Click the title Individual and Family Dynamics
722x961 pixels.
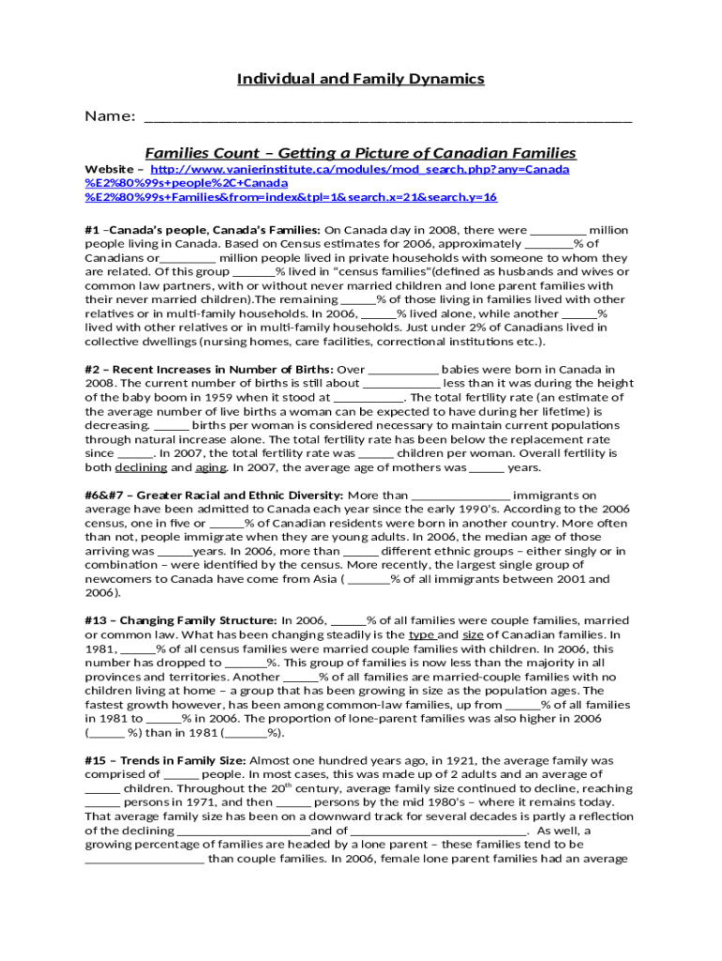click(360, 79)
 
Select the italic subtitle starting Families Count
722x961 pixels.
click(360, 153)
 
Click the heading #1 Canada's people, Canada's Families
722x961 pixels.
click(203, 230)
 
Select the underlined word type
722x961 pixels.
click(421, 634)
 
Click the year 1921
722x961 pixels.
click(500, 760)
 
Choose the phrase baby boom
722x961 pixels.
click(139, 397)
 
